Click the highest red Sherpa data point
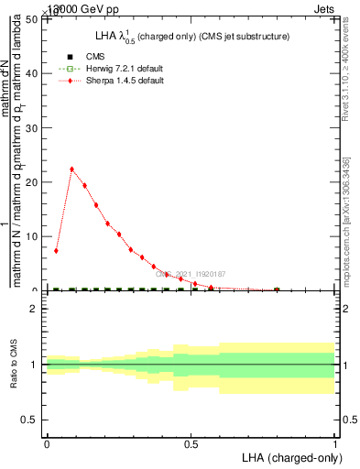[71, 169]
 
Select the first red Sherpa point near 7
[56, 250]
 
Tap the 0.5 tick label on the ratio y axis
[31, 420]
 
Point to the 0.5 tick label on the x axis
[191, 444]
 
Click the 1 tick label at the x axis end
[336, 444]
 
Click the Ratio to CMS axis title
[15, 365]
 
